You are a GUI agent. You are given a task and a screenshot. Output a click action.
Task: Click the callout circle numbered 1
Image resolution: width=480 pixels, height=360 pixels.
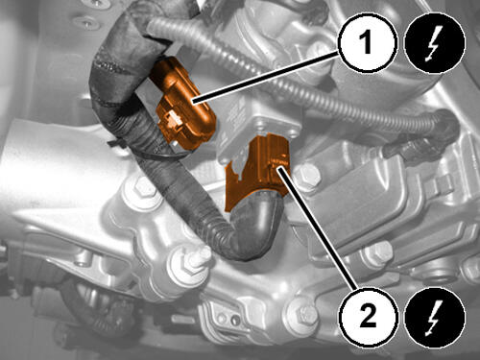(368, 43)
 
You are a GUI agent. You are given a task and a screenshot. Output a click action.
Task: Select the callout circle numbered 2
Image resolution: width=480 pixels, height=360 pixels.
(368, 317)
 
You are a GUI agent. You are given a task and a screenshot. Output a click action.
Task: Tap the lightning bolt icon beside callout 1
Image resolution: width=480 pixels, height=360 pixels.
(435, 43)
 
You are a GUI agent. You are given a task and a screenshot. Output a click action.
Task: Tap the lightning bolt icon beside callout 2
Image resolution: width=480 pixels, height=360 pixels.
(435, 317)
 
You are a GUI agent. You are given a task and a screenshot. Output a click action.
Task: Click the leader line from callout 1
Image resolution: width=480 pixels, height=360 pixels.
(266, 78)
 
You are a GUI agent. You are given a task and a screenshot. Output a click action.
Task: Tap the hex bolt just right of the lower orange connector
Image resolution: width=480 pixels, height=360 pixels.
(306, 177)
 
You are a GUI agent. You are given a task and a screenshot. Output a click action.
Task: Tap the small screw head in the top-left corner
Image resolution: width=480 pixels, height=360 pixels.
(84, 22)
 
